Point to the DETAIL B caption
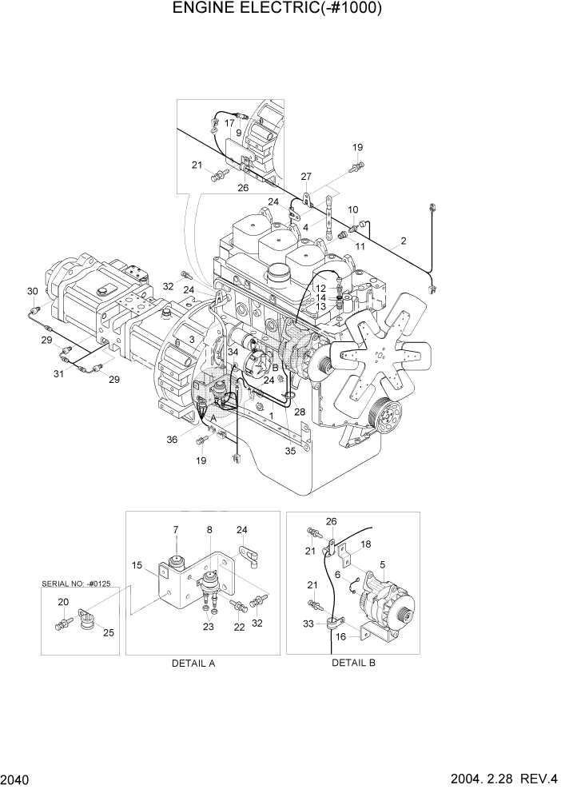click(353, 663)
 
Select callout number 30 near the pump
click(32, 291)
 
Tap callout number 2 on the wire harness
click(404, 241)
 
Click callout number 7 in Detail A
click(176, 529)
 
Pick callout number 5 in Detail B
click(383, 564)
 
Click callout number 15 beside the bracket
click(137, 565)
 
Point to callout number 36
click(171, 439)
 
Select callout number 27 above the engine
click(306, 176)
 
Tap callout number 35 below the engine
click(290, 451)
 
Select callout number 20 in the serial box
click(62, 602)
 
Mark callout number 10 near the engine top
click(352, 209)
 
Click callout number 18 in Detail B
click(364, 544)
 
